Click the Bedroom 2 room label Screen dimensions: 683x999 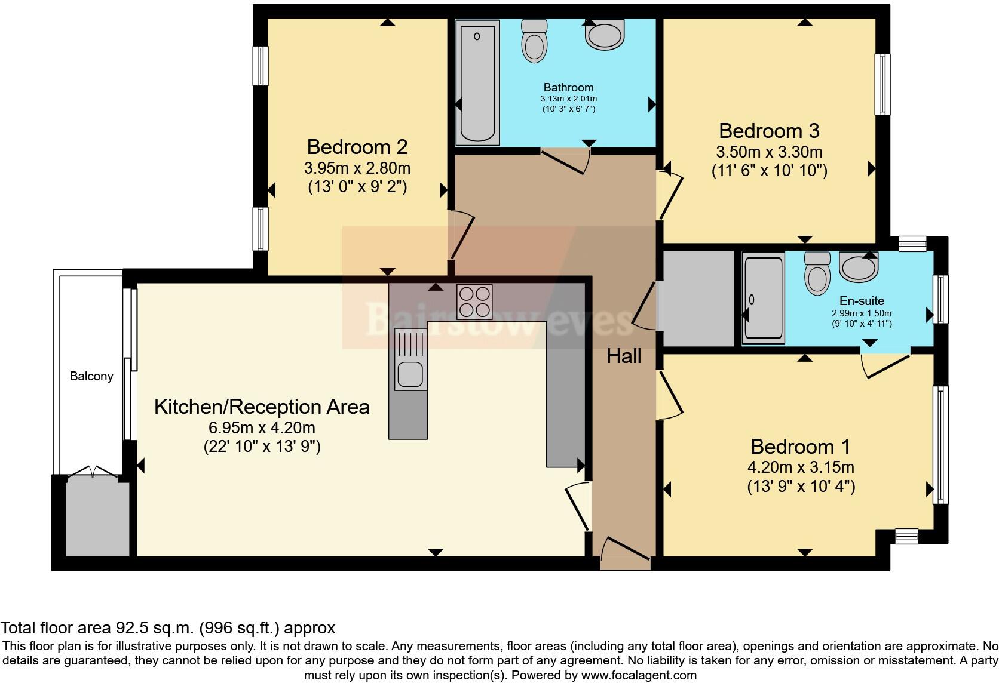click(x=357, y=147)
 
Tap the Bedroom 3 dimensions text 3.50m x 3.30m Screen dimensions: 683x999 click(x=769, y=152)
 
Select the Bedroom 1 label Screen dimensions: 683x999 click(x=800, y=447)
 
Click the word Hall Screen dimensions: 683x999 click(x=624, y=356)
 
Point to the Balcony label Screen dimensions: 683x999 click(x=91, y=376)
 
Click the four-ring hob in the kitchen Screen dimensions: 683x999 click(x=474, y=301)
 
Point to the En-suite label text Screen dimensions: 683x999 click(x=861, y=301)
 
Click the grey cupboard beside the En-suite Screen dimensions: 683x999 click(x=698, y=299)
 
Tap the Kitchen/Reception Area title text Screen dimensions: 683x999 click(x=262, y=407)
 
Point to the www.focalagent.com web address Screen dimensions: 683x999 click(x=639, y=675)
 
